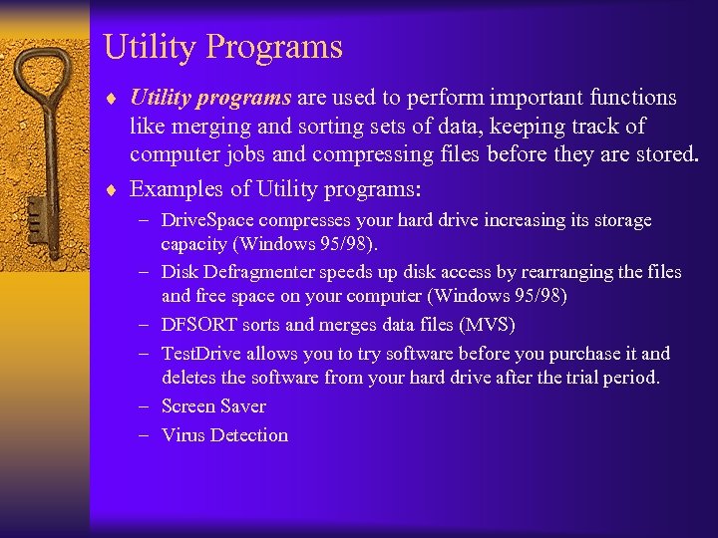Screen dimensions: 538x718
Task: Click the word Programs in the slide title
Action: click(278, 48)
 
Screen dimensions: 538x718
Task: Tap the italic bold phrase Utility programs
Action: click(210, 98)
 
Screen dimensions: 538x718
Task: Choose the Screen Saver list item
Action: click(213, 406)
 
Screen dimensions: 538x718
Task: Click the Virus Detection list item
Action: click(224, 435)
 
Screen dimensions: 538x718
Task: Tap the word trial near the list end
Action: click(594, 378)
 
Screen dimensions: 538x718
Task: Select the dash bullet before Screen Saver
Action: click(146, 406)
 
